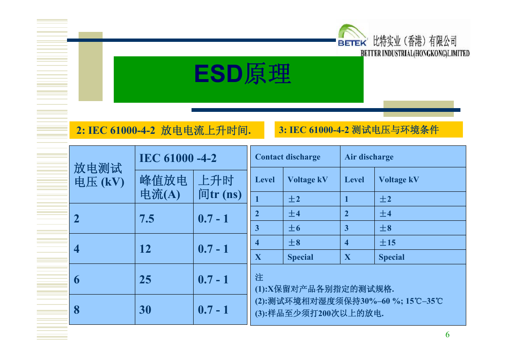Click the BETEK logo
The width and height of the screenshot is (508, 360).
click(x=352, y=36)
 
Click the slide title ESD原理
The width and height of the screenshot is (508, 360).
click(x=242, y=74)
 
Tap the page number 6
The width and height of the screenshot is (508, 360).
click(x=447, y=335)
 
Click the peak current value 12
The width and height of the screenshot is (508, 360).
click(x=145, y=249)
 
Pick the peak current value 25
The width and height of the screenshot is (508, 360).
click(x=145, y=279)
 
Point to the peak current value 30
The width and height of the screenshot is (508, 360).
click(x=145, y=309)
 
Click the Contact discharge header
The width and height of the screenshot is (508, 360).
click(x=288, y=157)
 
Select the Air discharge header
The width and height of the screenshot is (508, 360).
click(x=369, y=157)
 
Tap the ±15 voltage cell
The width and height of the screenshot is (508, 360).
click(x=388, y=243)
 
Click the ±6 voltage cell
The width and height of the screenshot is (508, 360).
click(x=294, y=228)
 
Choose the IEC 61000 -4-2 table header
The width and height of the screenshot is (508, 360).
click(x=178, y=158)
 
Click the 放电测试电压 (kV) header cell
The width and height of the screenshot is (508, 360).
click(x=99, y=175)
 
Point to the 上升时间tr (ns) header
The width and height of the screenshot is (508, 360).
click(x=220, y=187)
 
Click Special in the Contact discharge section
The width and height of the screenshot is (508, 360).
click(x=300, y=257)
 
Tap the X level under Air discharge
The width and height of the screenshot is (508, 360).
click(x=347, y=257)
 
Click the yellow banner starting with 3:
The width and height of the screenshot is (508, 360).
click(x=369, y=130)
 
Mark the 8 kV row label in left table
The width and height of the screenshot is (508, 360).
click(x=77, y=309)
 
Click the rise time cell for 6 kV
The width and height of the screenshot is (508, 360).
click(x=213, y=279)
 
